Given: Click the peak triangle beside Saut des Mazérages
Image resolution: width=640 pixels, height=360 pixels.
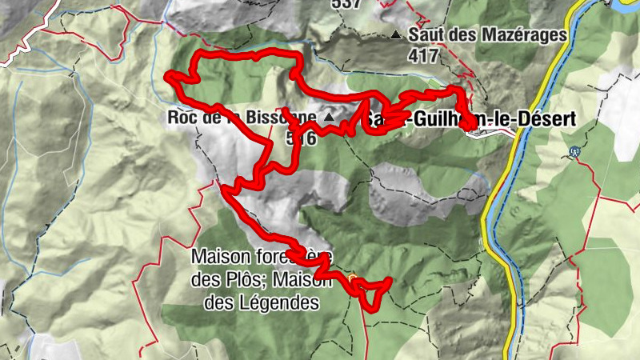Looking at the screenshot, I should [x=396, y=35].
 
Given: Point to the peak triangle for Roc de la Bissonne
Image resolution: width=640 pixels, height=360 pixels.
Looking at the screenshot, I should [x=328, y=118].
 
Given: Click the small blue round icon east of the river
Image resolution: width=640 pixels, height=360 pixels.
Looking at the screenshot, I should [x=574, y=150].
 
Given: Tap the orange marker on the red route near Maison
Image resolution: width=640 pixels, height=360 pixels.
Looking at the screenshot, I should [x=353, y=278].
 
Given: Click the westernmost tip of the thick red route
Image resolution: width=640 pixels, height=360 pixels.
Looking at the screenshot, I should [x=167, y=77].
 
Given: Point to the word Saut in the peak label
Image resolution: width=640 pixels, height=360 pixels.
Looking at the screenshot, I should [x=424, y=35].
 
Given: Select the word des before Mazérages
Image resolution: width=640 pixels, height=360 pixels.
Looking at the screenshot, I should [x=467, y=35].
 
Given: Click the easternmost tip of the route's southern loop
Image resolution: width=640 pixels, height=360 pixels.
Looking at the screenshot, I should [x=390, y=279].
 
